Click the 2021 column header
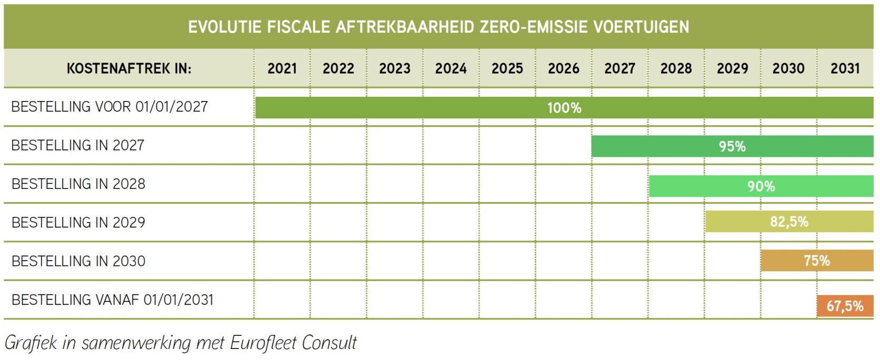[282, 68]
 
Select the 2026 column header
[564, 68]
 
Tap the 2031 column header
[845, 68]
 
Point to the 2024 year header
[451, 68]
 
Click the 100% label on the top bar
[564, 108]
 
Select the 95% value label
[732, 146]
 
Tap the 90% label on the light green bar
[761, 186]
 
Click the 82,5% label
[789, 222]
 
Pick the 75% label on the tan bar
[817, 261]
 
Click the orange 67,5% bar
[845, 306]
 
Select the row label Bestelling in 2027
[78, 145]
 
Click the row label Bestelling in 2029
[78, 223]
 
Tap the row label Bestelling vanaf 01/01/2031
[113, 300]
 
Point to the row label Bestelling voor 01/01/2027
[109, 107]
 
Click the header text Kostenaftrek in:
[129, 68]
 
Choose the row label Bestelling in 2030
[78, 261]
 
